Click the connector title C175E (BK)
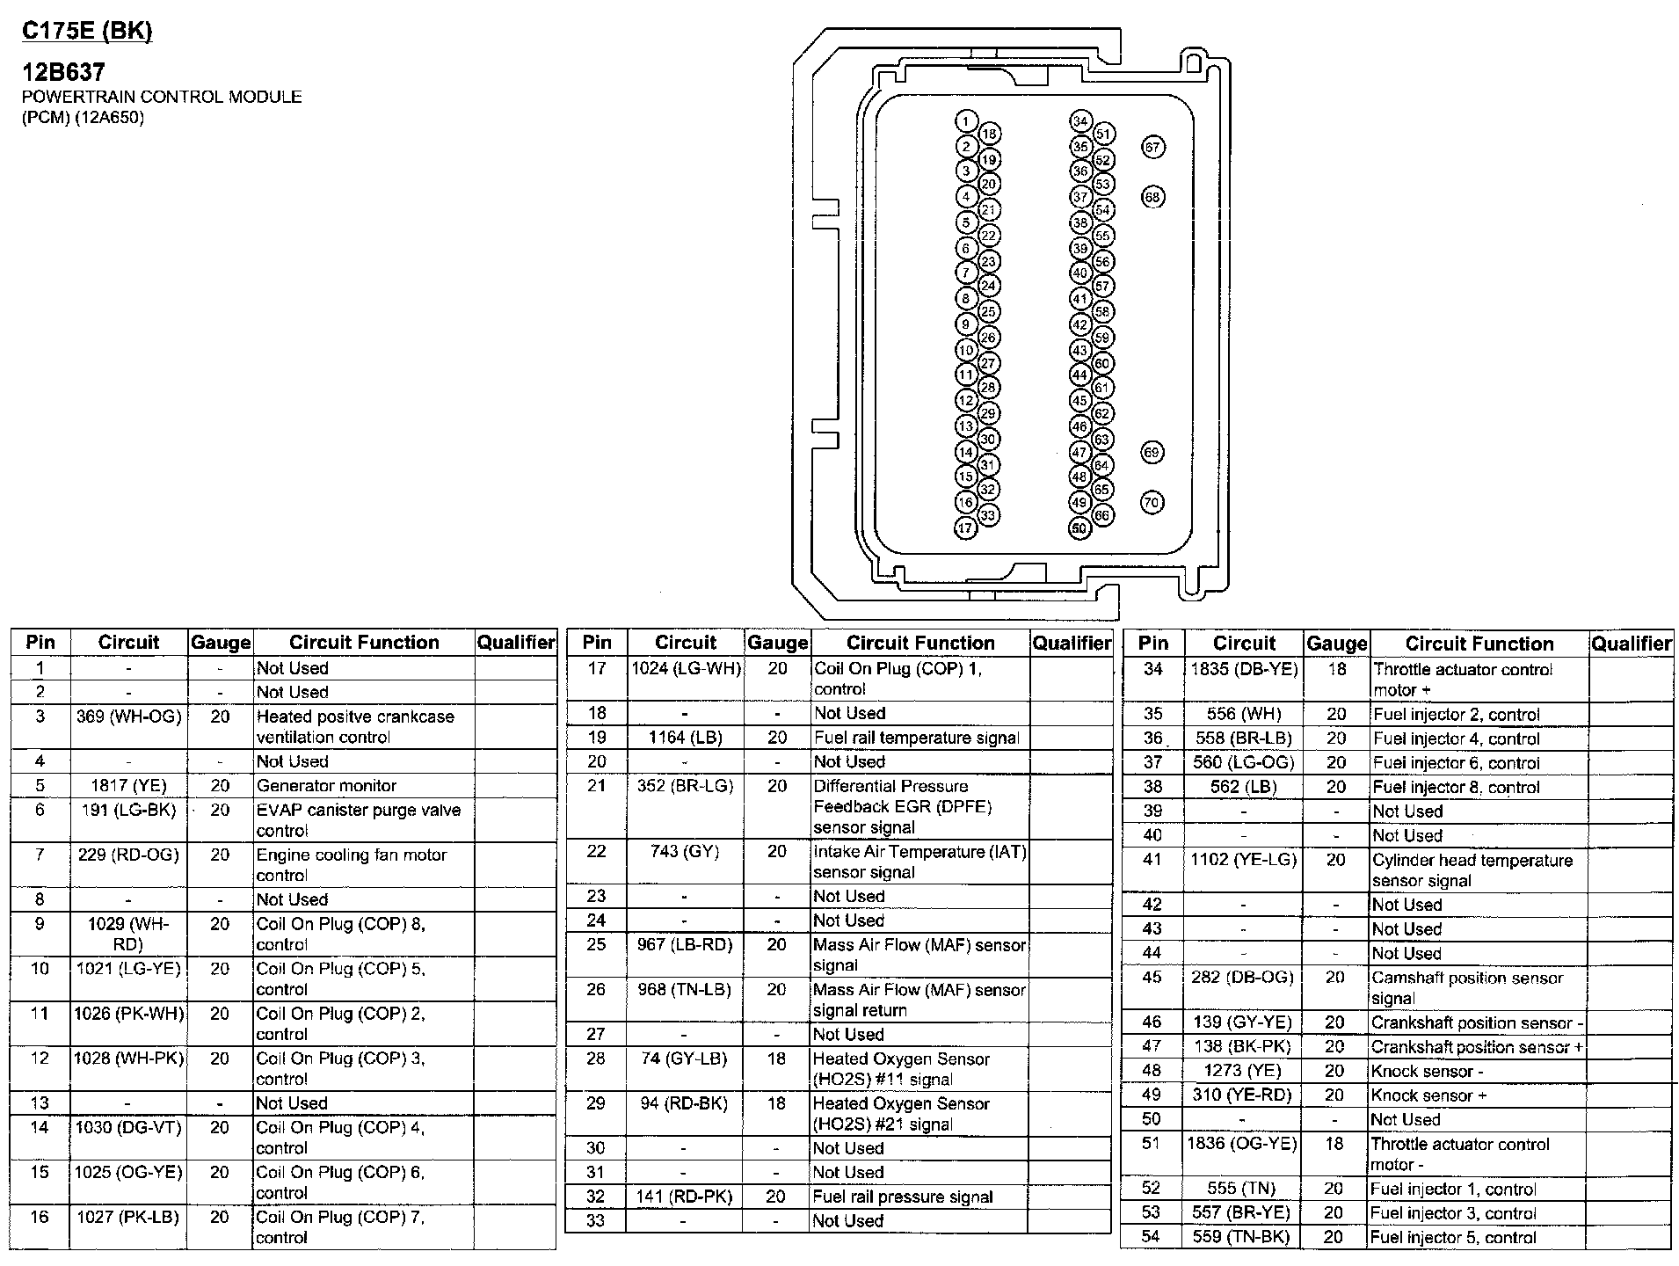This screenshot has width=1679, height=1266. point(86,32)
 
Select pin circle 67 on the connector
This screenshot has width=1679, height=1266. point(1152,147)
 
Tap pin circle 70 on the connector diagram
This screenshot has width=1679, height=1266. point(1152,503)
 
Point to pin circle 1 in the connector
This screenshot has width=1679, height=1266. point(966,122)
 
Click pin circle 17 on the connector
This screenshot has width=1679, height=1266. point(966,528)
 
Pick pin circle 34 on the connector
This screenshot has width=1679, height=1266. point(1080,121)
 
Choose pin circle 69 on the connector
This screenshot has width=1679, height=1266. point(1152,453)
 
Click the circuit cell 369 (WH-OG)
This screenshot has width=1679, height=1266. point(128,717)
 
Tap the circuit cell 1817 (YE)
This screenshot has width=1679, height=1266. point(128,786)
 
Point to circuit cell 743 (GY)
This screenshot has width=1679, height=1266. point(684,851)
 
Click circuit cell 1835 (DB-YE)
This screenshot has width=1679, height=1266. point(1244,670)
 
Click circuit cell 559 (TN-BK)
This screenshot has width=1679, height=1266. point(1242,1237)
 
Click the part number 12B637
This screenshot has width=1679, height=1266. point(63,72)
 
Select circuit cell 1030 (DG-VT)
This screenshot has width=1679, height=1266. point(128,1127)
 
